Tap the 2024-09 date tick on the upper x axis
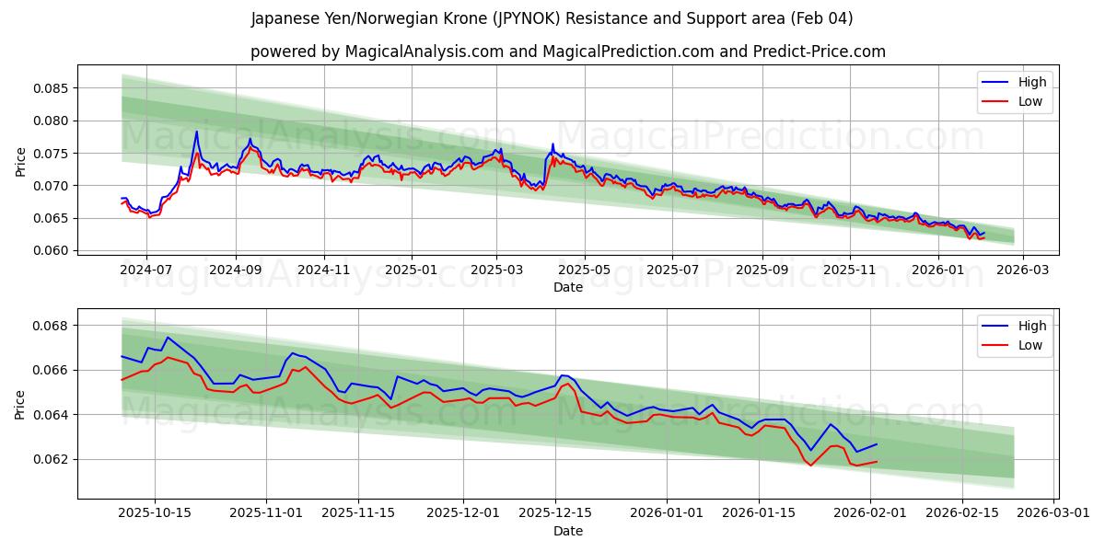[x=235, y=270]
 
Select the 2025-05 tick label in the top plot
[x=584, y=270]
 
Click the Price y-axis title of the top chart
[x=21, y=160]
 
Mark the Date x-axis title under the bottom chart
[x=567, y=531]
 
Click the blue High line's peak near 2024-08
[x=196, y=131]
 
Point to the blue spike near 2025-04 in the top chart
[x=552, y=144]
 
